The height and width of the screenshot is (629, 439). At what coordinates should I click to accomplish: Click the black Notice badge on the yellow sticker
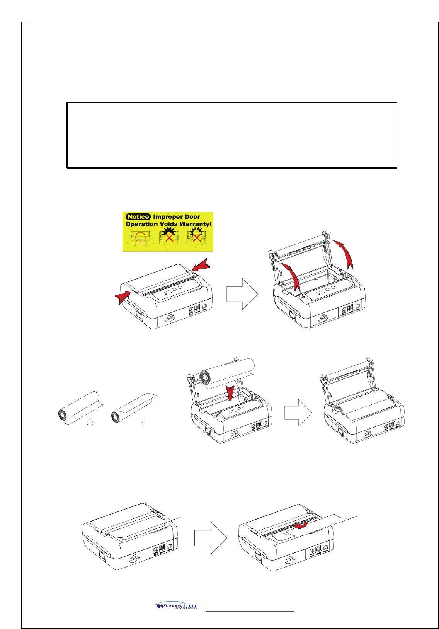[x=138, y=217]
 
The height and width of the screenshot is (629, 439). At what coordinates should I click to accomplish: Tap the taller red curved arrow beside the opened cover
[x=345, y=253]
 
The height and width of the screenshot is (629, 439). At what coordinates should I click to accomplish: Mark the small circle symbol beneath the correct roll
[x=90, y=423]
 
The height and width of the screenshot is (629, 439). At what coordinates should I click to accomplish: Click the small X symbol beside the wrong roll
[x=142, y=423]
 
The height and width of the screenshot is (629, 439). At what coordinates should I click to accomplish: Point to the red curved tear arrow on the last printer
[x=301, y=526]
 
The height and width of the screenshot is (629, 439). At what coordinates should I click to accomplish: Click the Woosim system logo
[x=176, y=606]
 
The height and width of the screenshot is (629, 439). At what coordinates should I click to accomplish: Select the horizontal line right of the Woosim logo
[x=250, y=611]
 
